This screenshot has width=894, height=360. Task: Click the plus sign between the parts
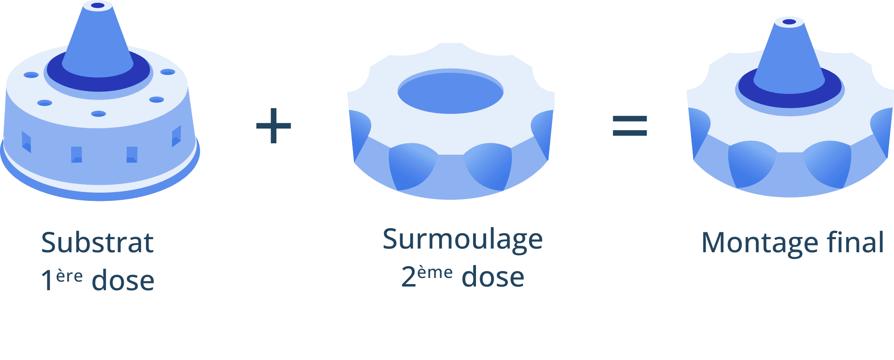[x=274, y=126]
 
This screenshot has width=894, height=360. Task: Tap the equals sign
[x=629, y=126]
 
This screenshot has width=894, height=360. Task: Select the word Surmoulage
[x=463, y=240]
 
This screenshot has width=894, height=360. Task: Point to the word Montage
[x=759, y=243]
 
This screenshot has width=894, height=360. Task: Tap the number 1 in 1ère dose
[x=47, y=281]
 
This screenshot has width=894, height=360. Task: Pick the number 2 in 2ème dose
[x=408, y=277]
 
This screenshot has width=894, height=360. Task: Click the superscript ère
[x=69, y=276]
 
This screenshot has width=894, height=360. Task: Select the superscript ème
[x=435, y=272]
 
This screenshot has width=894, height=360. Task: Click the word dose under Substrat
[x=123, y=281]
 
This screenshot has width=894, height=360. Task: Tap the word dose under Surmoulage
[x=493, y=277]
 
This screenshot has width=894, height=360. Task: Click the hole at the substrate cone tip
[x=98, y=6]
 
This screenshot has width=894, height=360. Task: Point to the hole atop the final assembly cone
[x=789, y=22]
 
